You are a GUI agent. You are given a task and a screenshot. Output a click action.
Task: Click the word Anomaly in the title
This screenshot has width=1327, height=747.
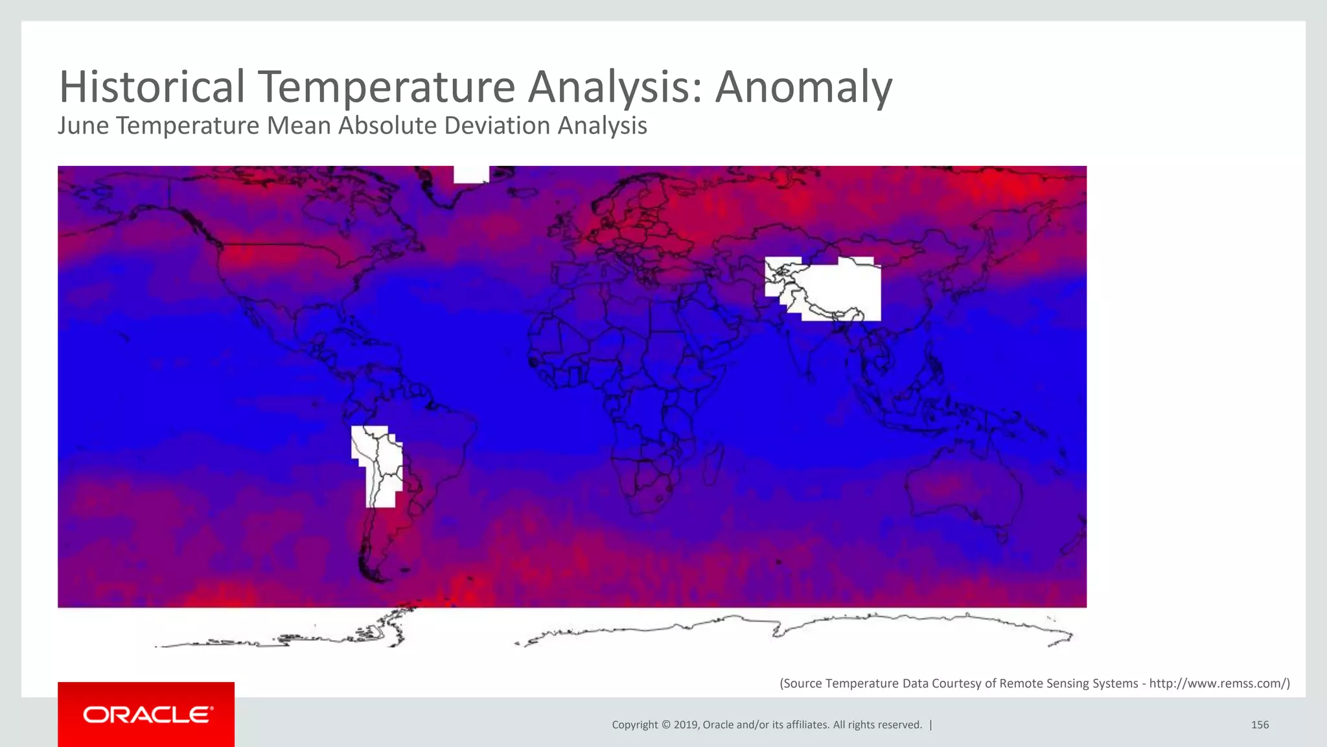coord(803,87)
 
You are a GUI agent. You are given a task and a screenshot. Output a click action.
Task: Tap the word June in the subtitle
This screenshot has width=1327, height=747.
coord(83,126)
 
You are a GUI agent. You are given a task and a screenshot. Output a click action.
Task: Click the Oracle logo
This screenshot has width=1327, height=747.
coord(146,715)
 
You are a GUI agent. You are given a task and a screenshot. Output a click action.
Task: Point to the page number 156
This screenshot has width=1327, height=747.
coord(1260,725)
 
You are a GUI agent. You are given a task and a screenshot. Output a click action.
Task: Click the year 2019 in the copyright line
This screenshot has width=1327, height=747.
coord(686,725)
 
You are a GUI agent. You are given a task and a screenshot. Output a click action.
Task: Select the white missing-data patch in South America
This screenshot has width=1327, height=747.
coord(379,464)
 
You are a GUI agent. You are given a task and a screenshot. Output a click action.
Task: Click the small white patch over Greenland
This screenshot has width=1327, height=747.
coord(471,174)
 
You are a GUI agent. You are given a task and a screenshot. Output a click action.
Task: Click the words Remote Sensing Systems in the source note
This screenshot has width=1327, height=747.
coord(1068,683)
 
